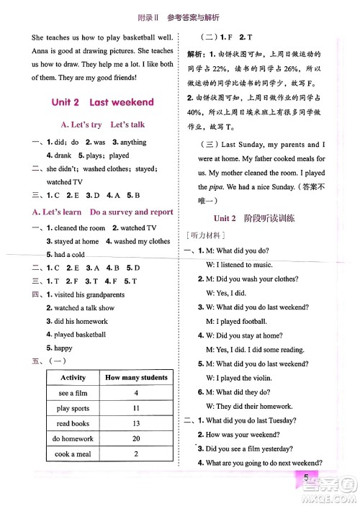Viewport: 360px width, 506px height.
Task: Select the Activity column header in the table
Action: click(73, 377)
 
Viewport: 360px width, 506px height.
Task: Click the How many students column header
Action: click(136, 377)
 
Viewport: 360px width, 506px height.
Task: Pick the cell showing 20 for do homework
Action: click(136, 438)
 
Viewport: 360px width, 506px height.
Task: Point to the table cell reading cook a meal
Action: click(73, 454)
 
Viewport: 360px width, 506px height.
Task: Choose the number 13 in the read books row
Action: click(136, 423)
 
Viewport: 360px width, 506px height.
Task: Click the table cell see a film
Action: click(73, 393)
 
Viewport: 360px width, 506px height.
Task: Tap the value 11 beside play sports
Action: click(136, 408)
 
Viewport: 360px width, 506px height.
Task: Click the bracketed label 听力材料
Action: click(206, 235)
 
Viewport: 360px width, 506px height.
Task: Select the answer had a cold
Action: click(69, 254)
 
